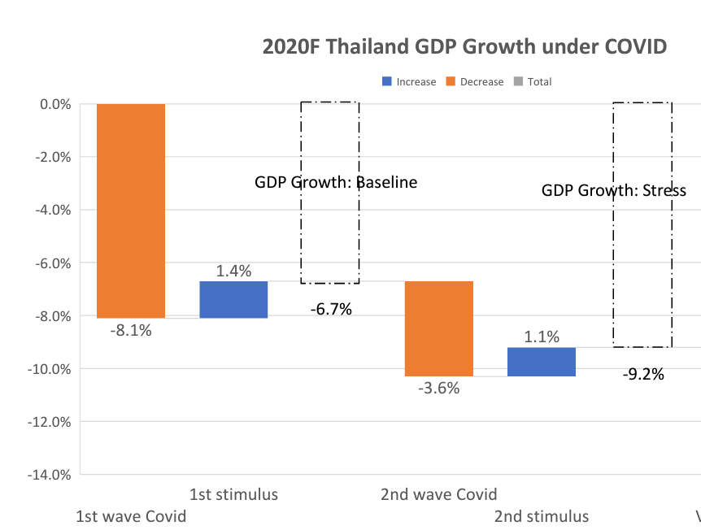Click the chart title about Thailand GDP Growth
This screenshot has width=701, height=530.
click(x=464, y=46)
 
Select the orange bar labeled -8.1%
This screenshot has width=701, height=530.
click(x=131, y=211)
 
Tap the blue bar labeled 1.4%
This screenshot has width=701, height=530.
click(x=233, y=299)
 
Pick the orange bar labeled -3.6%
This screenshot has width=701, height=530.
click(x=438, y=328)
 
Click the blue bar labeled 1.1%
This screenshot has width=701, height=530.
click(x=541, y=362)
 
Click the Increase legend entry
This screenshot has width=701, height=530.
click(x=410, y=82)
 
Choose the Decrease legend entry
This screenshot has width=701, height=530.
click(x=475, y=82)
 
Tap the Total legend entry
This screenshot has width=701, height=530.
click(x=533, y=82)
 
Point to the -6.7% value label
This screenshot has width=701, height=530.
click(x=331, y=309)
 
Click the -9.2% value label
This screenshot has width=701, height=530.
click(x=643, y=375)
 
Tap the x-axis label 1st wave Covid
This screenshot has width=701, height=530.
click(x=131, y=516)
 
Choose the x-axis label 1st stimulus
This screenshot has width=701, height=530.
click(x=233, y=494)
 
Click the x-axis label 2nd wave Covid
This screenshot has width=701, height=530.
click(x=438, y=494)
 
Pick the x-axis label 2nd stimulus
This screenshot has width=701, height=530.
click(x=541, y=516)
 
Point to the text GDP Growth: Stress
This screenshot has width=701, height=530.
click(x=614, y=191)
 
